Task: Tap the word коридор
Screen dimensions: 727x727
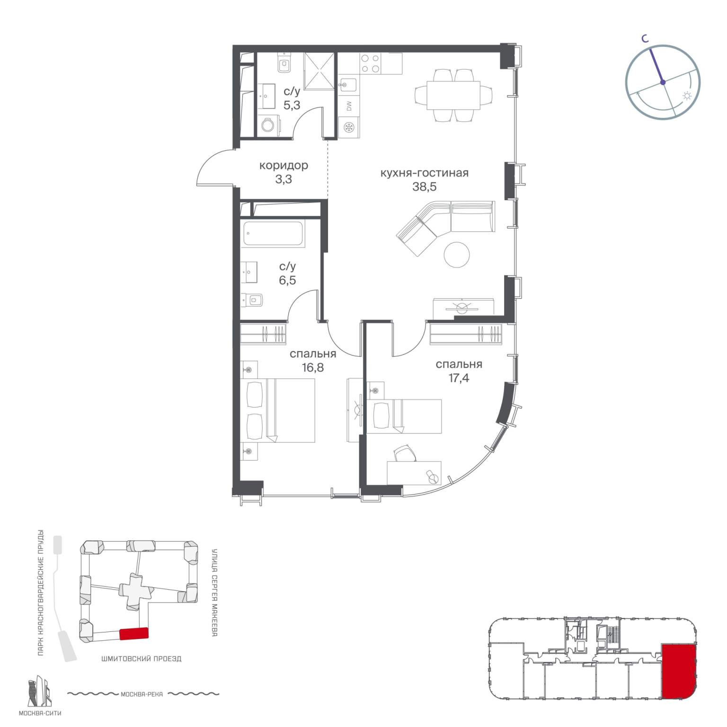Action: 284,166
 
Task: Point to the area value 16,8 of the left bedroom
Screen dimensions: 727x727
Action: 313,367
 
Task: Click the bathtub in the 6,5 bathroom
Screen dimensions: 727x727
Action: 273,234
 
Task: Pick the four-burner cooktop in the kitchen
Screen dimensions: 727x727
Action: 370,63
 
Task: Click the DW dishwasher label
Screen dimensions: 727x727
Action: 349,106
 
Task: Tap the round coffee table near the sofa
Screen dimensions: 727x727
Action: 457,255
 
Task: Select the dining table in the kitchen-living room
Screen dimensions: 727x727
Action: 454,95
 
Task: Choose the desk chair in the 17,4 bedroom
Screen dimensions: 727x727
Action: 405,453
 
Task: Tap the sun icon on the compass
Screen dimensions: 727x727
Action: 687,97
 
